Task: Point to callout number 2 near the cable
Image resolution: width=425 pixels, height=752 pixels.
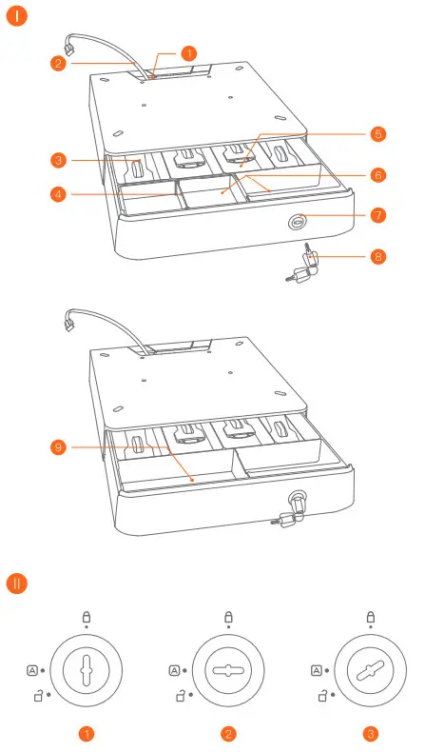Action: tap(59, 64)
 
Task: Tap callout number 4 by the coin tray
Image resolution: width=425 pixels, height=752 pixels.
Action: tap(59, 195)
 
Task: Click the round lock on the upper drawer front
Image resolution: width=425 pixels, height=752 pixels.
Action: tap(297, 217)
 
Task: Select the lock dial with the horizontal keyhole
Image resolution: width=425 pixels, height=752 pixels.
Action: tap(229, 671)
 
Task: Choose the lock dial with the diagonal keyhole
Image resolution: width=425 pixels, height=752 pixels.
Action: tap(370, 671)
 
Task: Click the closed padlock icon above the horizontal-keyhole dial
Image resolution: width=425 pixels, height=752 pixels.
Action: tap(229, 617)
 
